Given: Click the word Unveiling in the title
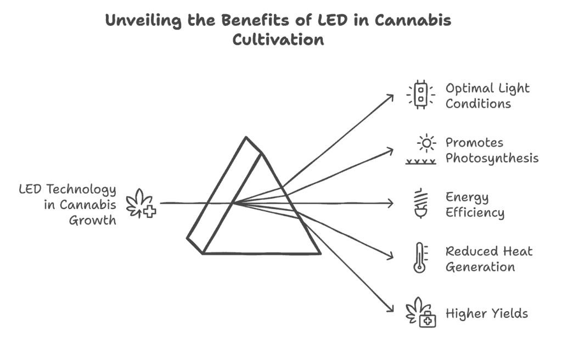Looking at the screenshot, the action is pos(143,20).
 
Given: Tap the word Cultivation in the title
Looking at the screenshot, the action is pos(278,39).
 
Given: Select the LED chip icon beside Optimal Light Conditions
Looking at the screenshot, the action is pos(421,94).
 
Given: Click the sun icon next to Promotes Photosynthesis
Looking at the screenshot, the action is pos(426,143).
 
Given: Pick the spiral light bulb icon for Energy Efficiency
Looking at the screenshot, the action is pos(421,203).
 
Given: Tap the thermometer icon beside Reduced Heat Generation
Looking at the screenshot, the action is pos(420,258).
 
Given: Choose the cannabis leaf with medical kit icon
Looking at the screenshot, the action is pos(421,312).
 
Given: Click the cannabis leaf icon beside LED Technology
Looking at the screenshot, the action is pos(141,203).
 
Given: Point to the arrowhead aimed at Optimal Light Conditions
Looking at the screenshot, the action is pos(390,98).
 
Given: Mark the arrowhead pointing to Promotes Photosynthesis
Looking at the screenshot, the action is pos(390,151).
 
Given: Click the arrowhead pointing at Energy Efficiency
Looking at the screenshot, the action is pos(391,203).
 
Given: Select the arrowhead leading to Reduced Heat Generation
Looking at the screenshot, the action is pos(390,255).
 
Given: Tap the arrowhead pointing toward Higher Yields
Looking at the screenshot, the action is pos(390,308).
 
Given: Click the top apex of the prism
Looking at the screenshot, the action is pos(246,137).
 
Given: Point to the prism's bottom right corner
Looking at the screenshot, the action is pos(320,254).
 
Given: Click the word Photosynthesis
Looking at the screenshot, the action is pos(492,159).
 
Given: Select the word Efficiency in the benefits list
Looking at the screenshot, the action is pos(475,212).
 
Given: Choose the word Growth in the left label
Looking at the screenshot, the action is pos(92,220).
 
